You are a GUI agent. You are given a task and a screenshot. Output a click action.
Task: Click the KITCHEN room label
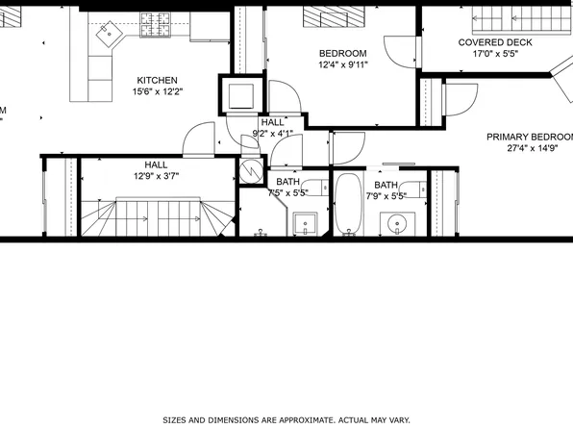click(157, 80)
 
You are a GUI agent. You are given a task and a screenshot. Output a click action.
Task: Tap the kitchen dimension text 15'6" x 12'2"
click(157, 91)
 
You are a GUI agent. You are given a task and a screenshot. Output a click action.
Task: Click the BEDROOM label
click(342, 53)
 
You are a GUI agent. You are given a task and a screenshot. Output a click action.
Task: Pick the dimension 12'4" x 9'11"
click(342, 64)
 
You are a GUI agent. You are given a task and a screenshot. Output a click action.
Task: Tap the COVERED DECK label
click(495, 42)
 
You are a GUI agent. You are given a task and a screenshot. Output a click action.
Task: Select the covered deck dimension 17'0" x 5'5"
click(495, 54)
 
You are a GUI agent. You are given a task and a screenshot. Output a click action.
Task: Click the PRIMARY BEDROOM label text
click(529, 137)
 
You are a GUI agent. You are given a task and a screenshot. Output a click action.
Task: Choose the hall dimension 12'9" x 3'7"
click(156, 176)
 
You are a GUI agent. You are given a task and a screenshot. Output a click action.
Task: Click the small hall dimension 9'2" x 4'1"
click(272, 134)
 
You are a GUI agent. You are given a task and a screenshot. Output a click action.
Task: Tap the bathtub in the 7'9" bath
click(348, 205)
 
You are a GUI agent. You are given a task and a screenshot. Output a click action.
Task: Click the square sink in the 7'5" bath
click(307, 224)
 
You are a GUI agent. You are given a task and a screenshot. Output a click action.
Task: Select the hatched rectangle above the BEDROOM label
click(331, 17)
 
